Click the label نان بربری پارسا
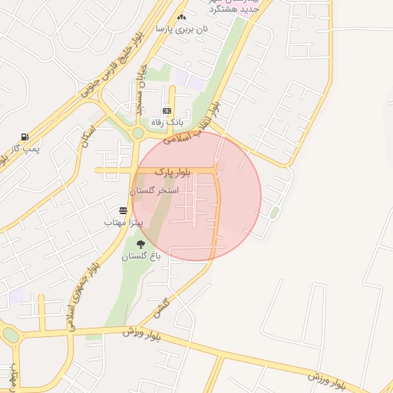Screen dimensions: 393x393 (182, 29)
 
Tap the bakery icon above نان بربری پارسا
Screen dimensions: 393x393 (181, 17)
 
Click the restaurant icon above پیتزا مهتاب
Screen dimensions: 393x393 (123, 210)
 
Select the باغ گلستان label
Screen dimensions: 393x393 (141, 256)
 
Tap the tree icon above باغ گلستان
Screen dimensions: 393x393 (140, 245)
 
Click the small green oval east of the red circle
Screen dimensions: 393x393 (274, 212)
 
